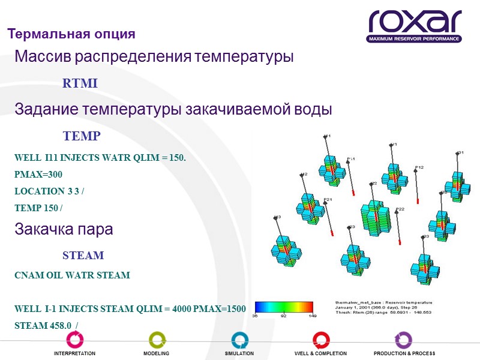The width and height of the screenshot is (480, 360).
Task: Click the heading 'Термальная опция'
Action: click(x=71, y=33)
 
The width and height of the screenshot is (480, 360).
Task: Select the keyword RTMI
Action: click(x=80, y=84)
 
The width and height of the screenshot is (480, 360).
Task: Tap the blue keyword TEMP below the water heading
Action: click(x=82, y=136)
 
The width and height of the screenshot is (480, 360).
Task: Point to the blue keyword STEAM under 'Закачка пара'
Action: click(x=83, y=256)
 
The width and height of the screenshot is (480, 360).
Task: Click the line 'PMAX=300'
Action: click(x=38, y=175)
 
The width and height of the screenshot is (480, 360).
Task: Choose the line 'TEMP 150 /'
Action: click(x=39, y=208)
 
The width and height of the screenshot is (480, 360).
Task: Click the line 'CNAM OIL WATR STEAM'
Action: click(x=72, y=275)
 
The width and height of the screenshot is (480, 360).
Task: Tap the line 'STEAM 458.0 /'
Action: click(x=47, y=325)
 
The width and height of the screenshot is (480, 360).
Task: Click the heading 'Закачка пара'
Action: click(x=64, y=230)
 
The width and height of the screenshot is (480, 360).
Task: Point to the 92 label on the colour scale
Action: click(x=283, y=316)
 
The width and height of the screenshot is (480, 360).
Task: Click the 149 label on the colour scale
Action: click(x=312, y=316)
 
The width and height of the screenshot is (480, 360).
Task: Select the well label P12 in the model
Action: click(x=419, y=167)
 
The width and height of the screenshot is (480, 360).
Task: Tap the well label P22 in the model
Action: click(x=400, y=209)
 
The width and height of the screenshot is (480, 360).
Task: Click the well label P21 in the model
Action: click(x=328, y=199)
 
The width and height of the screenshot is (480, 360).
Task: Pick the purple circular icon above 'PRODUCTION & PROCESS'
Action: click(x=403, y=340)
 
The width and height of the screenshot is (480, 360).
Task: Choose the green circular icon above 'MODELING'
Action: click(x=157, y=340)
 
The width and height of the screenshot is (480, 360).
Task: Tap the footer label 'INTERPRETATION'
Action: click(x=74, y=354)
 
